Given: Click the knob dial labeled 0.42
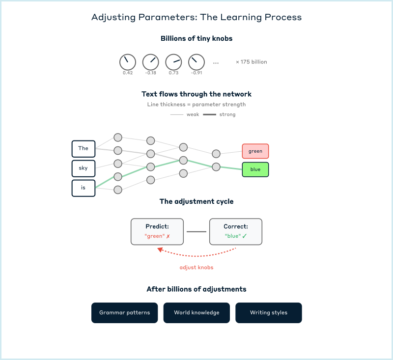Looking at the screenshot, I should [128, 62].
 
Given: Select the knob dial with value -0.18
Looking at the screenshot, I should [151, 62].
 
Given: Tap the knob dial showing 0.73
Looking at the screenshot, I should [173, 62].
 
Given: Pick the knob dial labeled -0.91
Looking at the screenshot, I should [196, 62].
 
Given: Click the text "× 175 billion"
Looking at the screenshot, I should [252, 62].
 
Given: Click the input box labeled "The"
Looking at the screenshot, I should [84, 148].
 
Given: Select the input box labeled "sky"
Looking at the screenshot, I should [84, 168].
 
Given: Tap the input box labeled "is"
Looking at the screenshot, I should [84, 188].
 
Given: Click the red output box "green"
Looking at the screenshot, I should [255, 151].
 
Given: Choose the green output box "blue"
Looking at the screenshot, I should [255, 169].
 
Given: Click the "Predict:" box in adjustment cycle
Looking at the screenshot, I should [157, 231].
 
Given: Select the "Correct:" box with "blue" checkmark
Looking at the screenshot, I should [236, 231].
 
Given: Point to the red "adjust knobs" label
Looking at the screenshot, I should [196, 268].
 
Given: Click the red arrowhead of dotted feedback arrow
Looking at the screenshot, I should [160, 250].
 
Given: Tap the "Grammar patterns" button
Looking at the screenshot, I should [124, 313].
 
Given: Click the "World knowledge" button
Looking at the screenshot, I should [196, 313].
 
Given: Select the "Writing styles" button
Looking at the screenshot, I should [269, 313].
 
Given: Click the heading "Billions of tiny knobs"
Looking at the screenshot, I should [196, 38].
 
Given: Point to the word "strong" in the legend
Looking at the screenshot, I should [227, 114].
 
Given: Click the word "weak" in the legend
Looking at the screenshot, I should [193, 114].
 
